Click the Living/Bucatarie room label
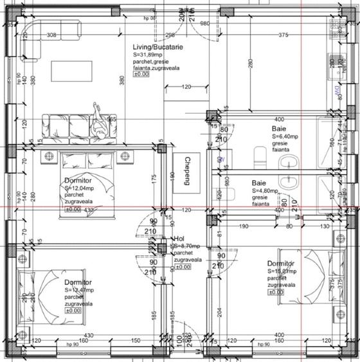click(x=157, y=48)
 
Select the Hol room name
click(x=179, y=238)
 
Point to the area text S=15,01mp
click(x=283, y=272)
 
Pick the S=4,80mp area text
click(x=265, y=191)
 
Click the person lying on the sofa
click(x=100, y=120)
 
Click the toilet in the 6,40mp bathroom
click(x=260, y=154)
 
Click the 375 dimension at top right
click(x=283, y=35)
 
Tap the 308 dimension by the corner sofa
click(x=51, y=35)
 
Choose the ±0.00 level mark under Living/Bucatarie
click(x=141, y=74)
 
